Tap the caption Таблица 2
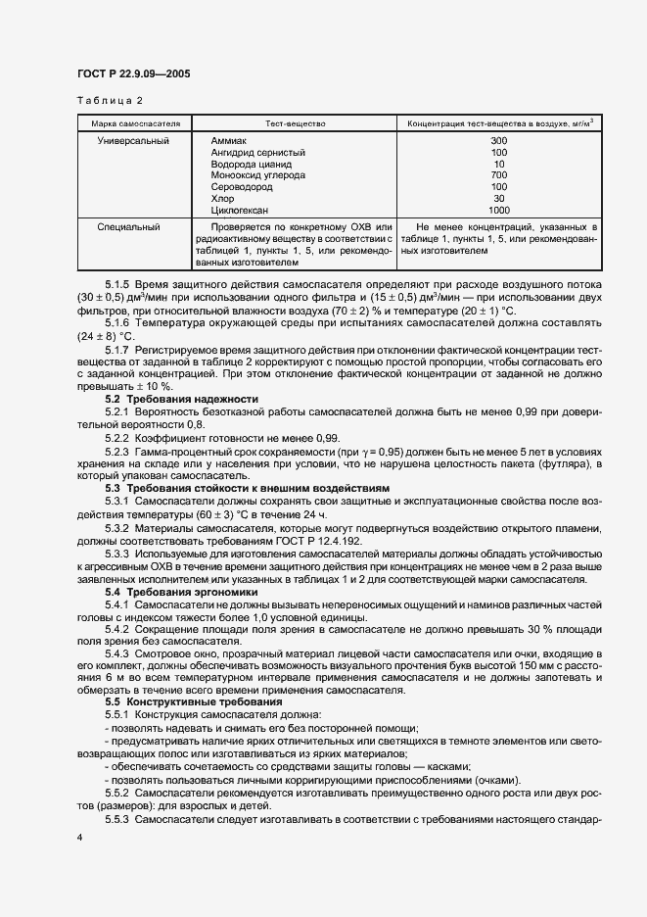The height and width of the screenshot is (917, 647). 109,100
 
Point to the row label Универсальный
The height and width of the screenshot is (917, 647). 133,141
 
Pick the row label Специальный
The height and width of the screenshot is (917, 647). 128,226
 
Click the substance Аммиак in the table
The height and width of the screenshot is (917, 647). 229,141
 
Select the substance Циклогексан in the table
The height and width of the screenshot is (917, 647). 240,210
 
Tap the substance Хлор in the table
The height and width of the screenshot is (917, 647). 222,198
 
